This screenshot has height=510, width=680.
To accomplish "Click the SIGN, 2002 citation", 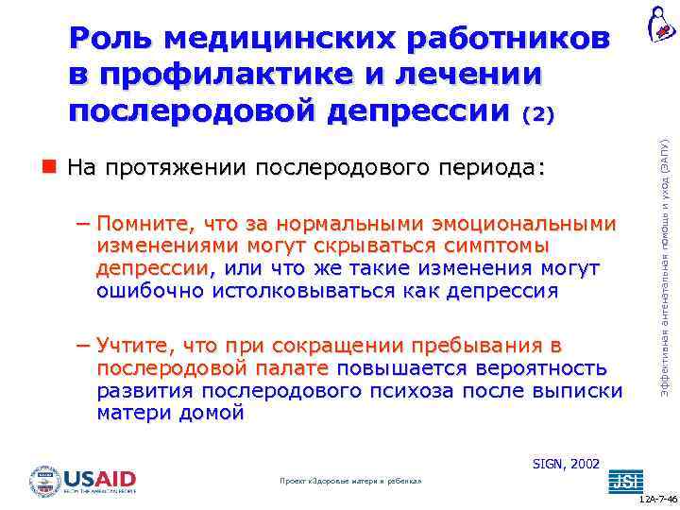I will (565, 464).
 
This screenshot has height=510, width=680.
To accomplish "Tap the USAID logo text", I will (99, 479).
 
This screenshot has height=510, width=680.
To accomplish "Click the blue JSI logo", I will (623, 482).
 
